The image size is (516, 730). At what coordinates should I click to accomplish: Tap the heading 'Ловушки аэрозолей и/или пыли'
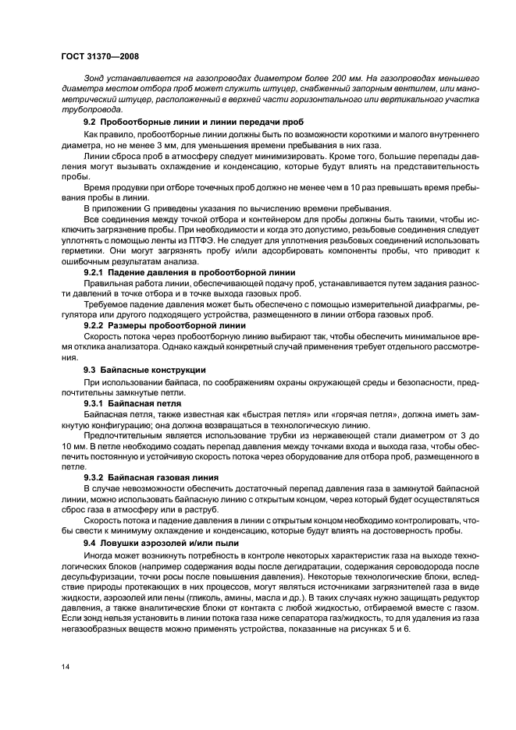[174, 541]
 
